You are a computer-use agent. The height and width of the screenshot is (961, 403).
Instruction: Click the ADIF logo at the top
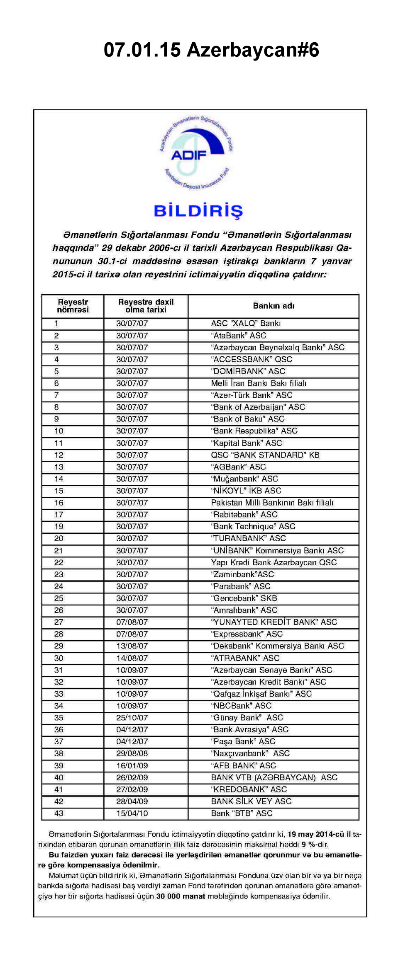196,153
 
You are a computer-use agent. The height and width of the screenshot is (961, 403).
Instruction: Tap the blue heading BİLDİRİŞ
198,211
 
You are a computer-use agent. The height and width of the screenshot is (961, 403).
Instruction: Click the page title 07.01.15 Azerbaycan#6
211,50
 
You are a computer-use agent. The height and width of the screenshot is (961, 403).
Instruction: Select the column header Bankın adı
274,306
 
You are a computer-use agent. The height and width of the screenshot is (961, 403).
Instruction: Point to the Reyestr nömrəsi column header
73,306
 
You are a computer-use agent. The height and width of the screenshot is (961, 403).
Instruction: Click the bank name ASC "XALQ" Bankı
246,323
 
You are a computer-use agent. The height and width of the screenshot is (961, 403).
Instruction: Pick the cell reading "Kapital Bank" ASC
247,443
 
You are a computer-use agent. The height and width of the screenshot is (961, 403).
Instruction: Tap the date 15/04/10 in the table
132,813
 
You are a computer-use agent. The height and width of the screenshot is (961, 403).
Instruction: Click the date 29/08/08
132,753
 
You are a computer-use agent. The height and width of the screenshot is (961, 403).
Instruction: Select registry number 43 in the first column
59,813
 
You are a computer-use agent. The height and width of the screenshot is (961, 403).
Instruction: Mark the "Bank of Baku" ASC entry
248,419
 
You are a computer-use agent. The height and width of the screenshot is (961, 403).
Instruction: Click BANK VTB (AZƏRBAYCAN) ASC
274,777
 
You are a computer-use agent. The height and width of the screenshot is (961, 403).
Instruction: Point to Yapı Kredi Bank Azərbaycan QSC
274,562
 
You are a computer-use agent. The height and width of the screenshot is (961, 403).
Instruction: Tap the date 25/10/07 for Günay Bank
132,718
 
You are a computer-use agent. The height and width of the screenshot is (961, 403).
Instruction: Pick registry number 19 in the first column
59,526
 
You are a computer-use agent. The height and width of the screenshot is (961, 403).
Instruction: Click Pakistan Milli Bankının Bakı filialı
272,503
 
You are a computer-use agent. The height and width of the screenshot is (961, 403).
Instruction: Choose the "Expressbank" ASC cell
247,634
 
